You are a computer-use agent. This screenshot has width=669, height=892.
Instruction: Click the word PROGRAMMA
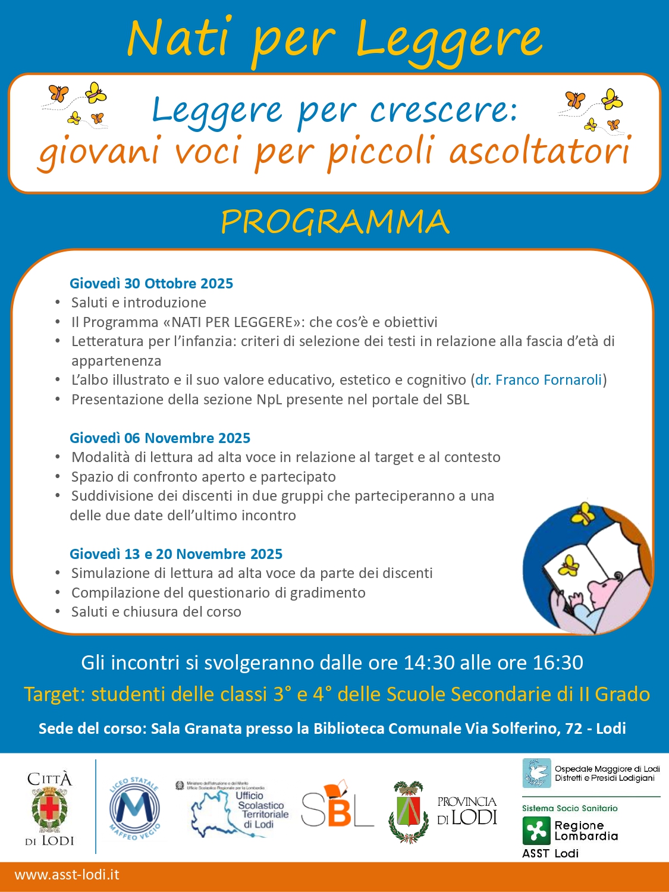[x=335, y=222]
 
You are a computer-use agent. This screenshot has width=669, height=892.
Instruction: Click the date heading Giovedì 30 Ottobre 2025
[x=151, y=283]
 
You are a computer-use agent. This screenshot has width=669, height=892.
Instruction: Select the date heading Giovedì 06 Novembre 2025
[x=160, y=438]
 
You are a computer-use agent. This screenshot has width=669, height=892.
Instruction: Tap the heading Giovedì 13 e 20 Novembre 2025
[x=176, y=554]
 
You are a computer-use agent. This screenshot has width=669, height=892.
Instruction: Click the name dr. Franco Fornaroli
[x=539, y=380]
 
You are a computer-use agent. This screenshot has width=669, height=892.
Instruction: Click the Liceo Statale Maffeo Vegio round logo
[x=134, y=808]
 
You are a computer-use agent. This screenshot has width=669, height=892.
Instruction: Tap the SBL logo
[x=337, y=806]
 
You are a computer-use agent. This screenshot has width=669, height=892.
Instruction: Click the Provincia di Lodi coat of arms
[x=408, y=811]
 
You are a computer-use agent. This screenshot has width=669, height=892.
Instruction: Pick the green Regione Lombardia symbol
[x=536, y=831]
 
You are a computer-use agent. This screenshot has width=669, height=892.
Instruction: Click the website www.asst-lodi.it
[x=67, y=875]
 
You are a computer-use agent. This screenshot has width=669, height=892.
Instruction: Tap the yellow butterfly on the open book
[x=570, y=564]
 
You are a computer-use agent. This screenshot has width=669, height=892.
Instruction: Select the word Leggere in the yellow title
[x=449, y=39]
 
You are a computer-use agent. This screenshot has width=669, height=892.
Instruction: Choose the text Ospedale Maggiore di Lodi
[x=607, y=769]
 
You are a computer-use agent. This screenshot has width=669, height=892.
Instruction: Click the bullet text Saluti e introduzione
[x=139, y=303]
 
